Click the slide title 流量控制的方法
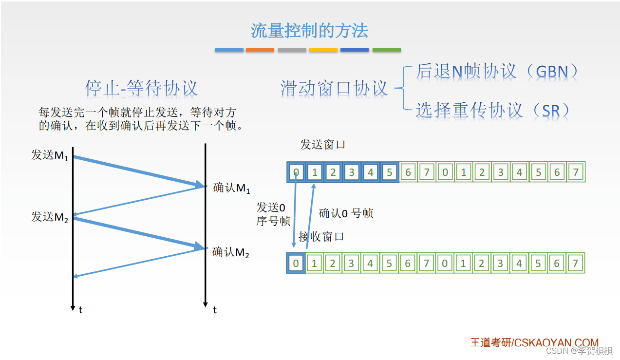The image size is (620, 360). pos(309,31)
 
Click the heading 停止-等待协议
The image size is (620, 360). pos(141,88)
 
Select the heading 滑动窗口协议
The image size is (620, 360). pos(334,88)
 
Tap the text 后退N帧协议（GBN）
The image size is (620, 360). pos(497,71)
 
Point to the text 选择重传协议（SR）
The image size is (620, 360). pos(492,110)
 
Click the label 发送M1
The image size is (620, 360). pos(50,155)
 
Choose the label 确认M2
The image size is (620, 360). pos(231,252)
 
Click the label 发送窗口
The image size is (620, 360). pos(322,145)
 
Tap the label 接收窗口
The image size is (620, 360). pos(321,237)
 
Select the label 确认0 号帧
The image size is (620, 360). pos(346,213)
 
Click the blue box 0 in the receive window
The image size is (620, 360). pos(296,264)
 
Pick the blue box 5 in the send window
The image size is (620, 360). pos(389,172)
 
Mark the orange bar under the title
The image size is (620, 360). pos(260,50)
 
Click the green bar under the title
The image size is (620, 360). pos(387,50)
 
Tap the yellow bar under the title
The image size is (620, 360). pos(323,50)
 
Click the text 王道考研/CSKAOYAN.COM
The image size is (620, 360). pos(534,342)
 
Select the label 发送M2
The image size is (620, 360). pos(50,217)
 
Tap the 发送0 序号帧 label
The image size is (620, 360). pos(273,214)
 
